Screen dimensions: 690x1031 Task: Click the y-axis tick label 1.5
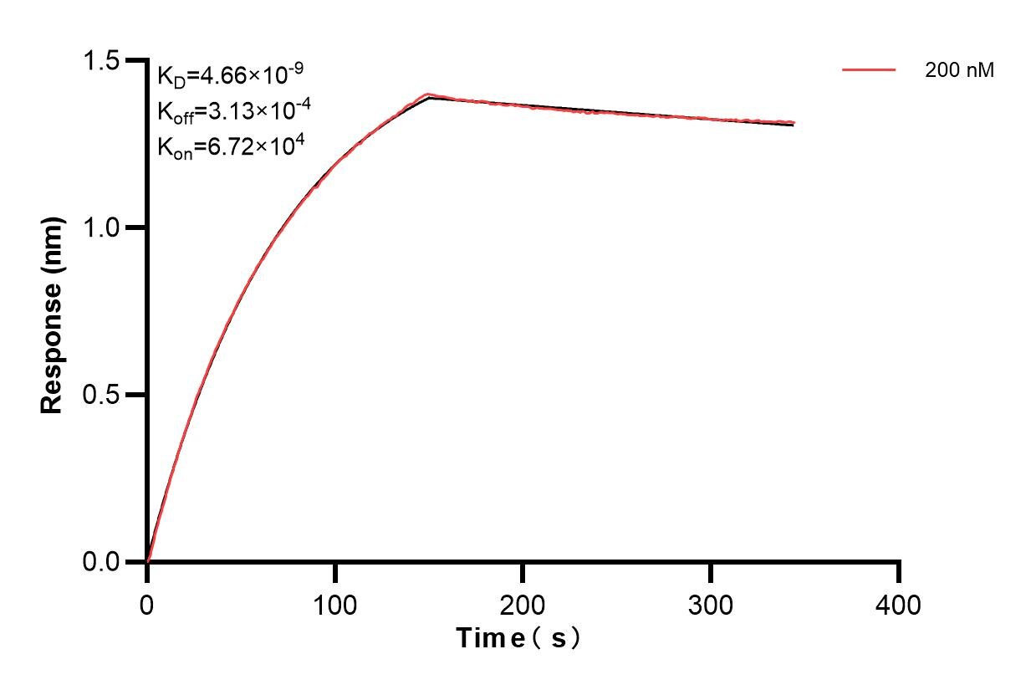[x=101, y=60]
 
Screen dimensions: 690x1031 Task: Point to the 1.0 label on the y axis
[x=101, y=227]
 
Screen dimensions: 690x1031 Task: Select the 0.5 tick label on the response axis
[x=101, y=395]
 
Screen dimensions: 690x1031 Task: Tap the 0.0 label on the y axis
[x=101, y=561]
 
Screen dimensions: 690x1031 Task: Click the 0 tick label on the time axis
[x=147, y=604]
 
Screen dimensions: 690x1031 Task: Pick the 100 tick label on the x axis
[x=334, y=604]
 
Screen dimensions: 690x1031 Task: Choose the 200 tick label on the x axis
[x=523, y=604]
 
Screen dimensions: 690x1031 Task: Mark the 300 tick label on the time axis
[x=711, y=604]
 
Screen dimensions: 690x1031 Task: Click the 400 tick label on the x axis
[x=899, y=604]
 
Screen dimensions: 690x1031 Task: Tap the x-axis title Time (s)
[x=518, y=639]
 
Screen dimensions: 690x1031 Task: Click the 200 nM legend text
[x=959, y=71]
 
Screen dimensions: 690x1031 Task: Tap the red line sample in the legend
[x=869, y=71]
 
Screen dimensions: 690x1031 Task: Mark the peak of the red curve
[x=428, y=95]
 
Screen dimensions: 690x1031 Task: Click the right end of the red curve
[x=793, y=122]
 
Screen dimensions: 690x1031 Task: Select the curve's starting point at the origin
[x=147, y=561]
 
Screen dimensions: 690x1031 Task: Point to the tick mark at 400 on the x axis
[x=899, y=573]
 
